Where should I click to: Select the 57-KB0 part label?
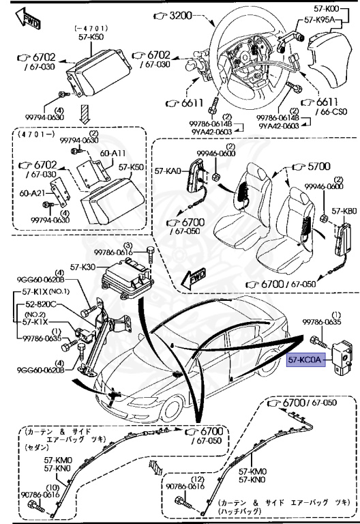(344, 212)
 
